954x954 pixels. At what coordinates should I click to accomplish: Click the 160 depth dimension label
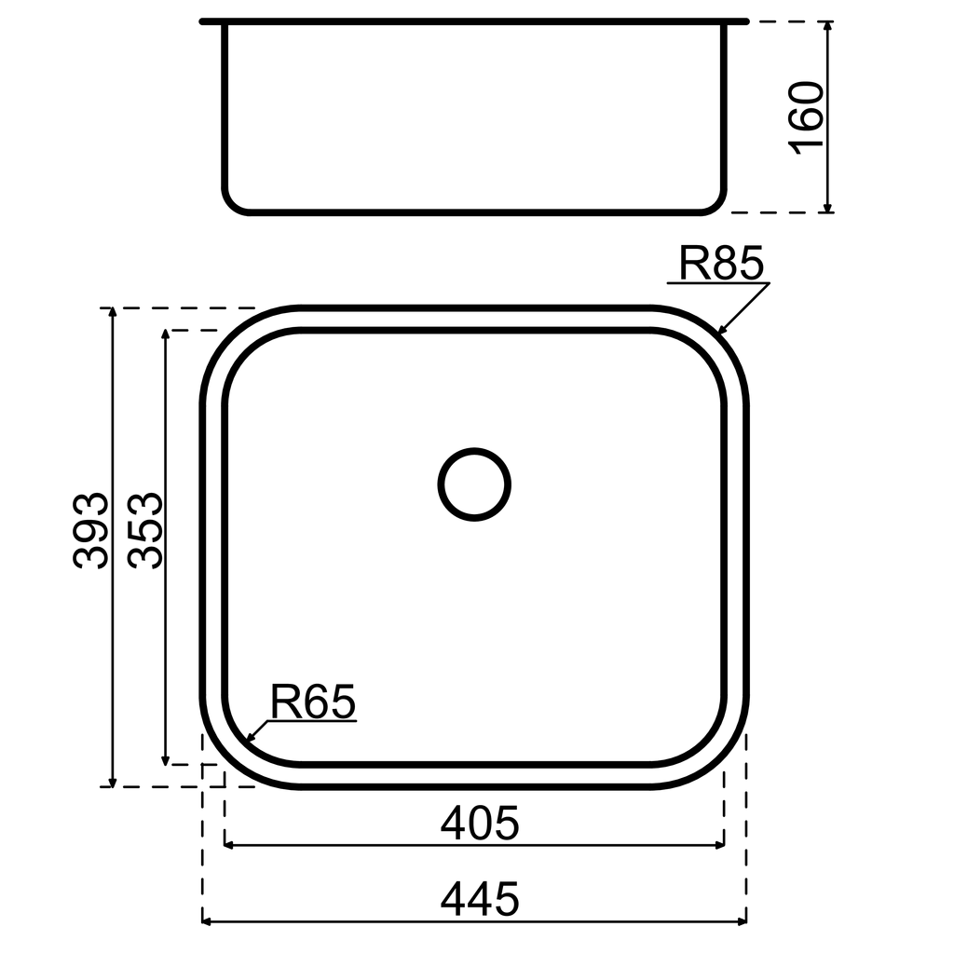coord(807,116)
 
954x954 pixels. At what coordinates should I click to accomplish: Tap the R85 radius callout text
coord(720,264)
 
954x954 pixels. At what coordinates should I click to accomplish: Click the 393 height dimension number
coord(92,530)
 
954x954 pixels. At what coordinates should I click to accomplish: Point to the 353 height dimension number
coord(146,530)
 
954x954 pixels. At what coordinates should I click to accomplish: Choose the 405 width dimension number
coord(479,824)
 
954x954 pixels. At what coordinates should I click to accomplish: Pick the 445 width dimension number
coord(479,900)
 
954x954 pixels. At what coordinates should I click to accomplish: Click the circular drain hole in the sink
coord(474,484)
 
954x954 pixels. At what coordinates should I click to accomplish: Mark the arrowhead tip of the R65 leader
coord(244,743)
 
